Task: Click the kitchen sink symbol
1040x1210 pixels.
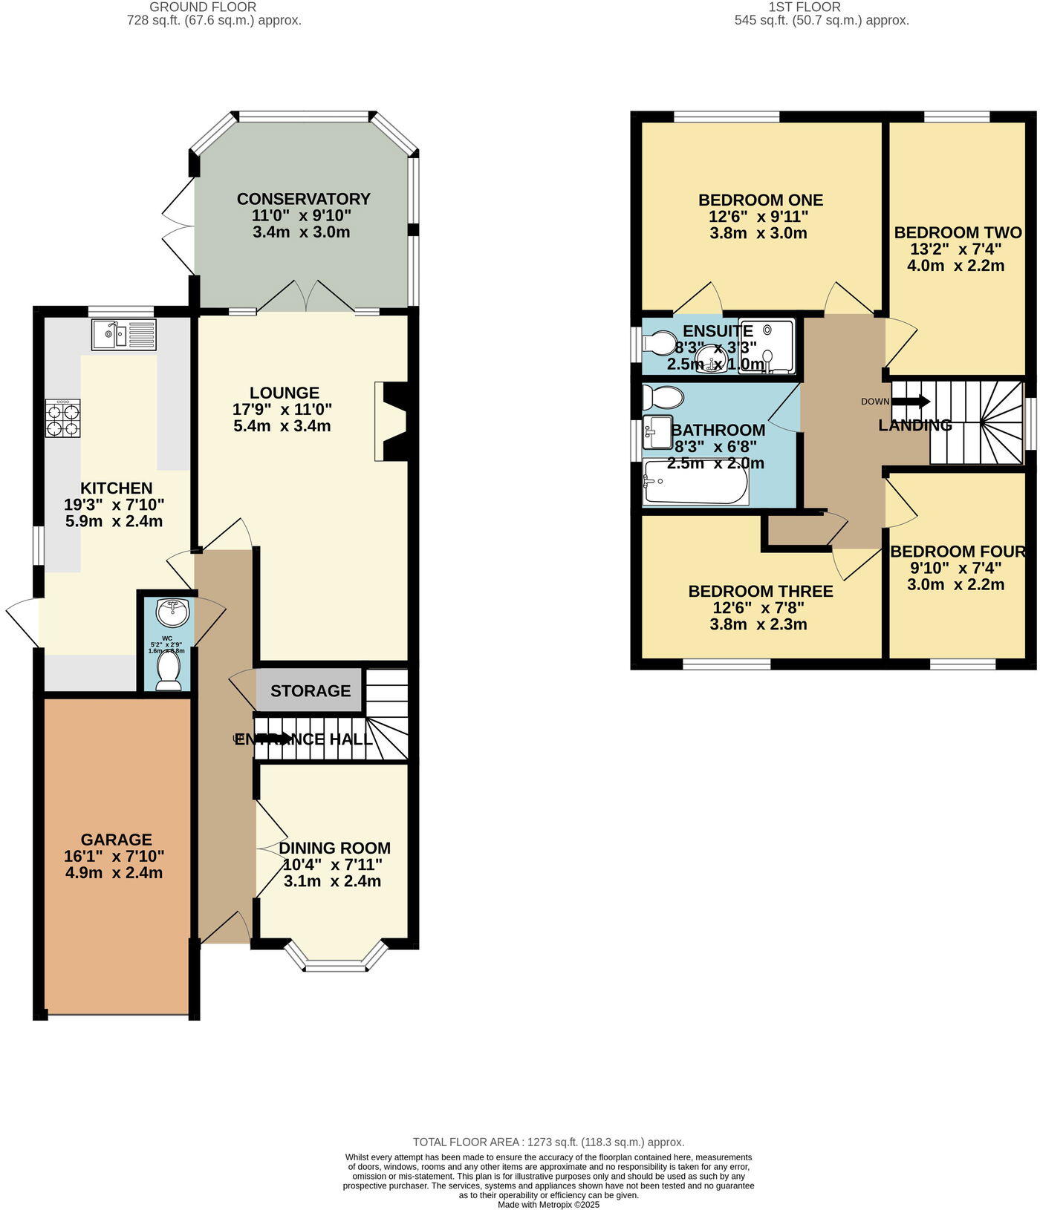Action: coord(124,334)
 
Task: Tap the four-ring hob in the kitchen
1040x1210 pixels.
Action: coord(63,419)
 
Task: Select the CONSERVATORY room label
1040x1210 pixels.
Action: coord(303,199)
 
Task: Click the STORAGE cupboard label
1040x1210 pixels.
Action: coord(311,691)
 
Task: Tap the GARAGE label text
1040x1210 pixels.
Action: coord(116,840)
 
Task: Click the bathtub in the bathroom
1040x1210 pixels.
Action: coord(695,482)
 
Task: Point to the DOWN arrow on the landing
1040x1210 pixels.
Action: coord(910,402)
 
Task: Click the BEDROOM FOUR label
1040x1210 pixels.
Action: coord(958,552)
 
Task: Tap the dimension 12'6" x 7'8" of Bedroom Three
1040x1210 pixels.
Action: coord(758,608)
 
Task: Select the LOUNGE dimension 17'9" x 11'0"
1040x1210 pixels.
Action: coord(282,409)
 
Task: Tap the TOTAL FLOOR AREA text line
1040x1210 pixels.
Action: coord(548,1142)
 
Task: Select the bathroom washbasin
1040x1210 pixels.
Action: coord(657,432)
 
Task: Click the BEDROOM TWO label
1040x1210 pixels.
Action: coord(958,232)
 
